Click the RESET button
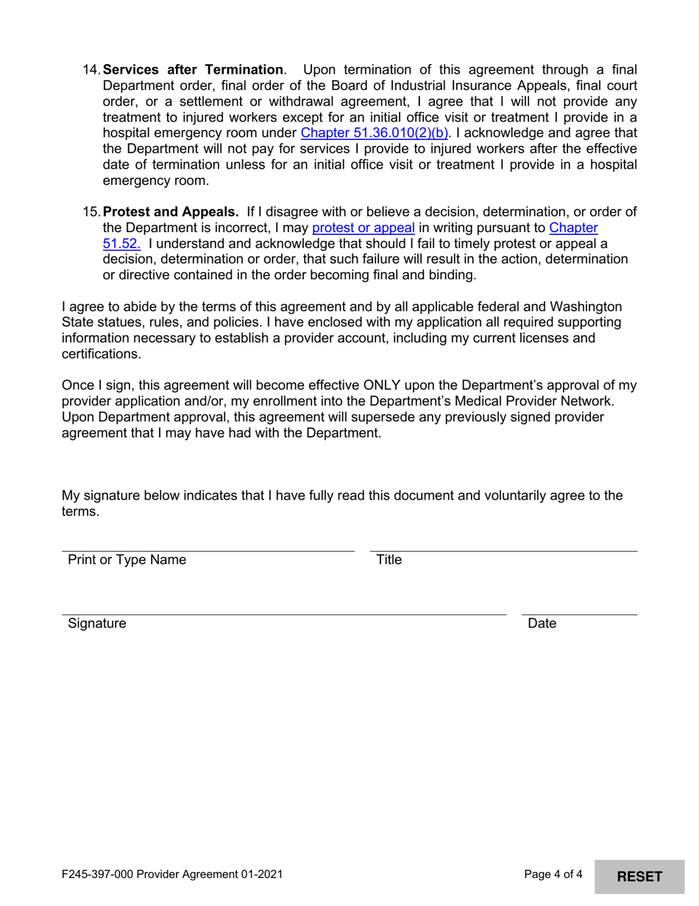[639, 876]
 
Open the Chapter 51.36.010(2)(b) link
[375, 133]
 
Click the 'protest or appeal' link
[363, 228]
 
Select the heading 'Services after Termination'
[193, 70]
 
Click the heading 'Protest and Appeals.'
[171, 212]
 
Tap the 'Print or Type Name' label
[127, 560]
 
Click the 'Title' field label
[388, 560]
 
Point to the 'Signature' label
[96, 624]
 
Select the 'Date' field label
[542, 624]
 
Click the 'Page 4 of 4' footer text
[553, 875]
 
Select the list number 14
[91, 70]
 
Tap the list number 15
[91, 212]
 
